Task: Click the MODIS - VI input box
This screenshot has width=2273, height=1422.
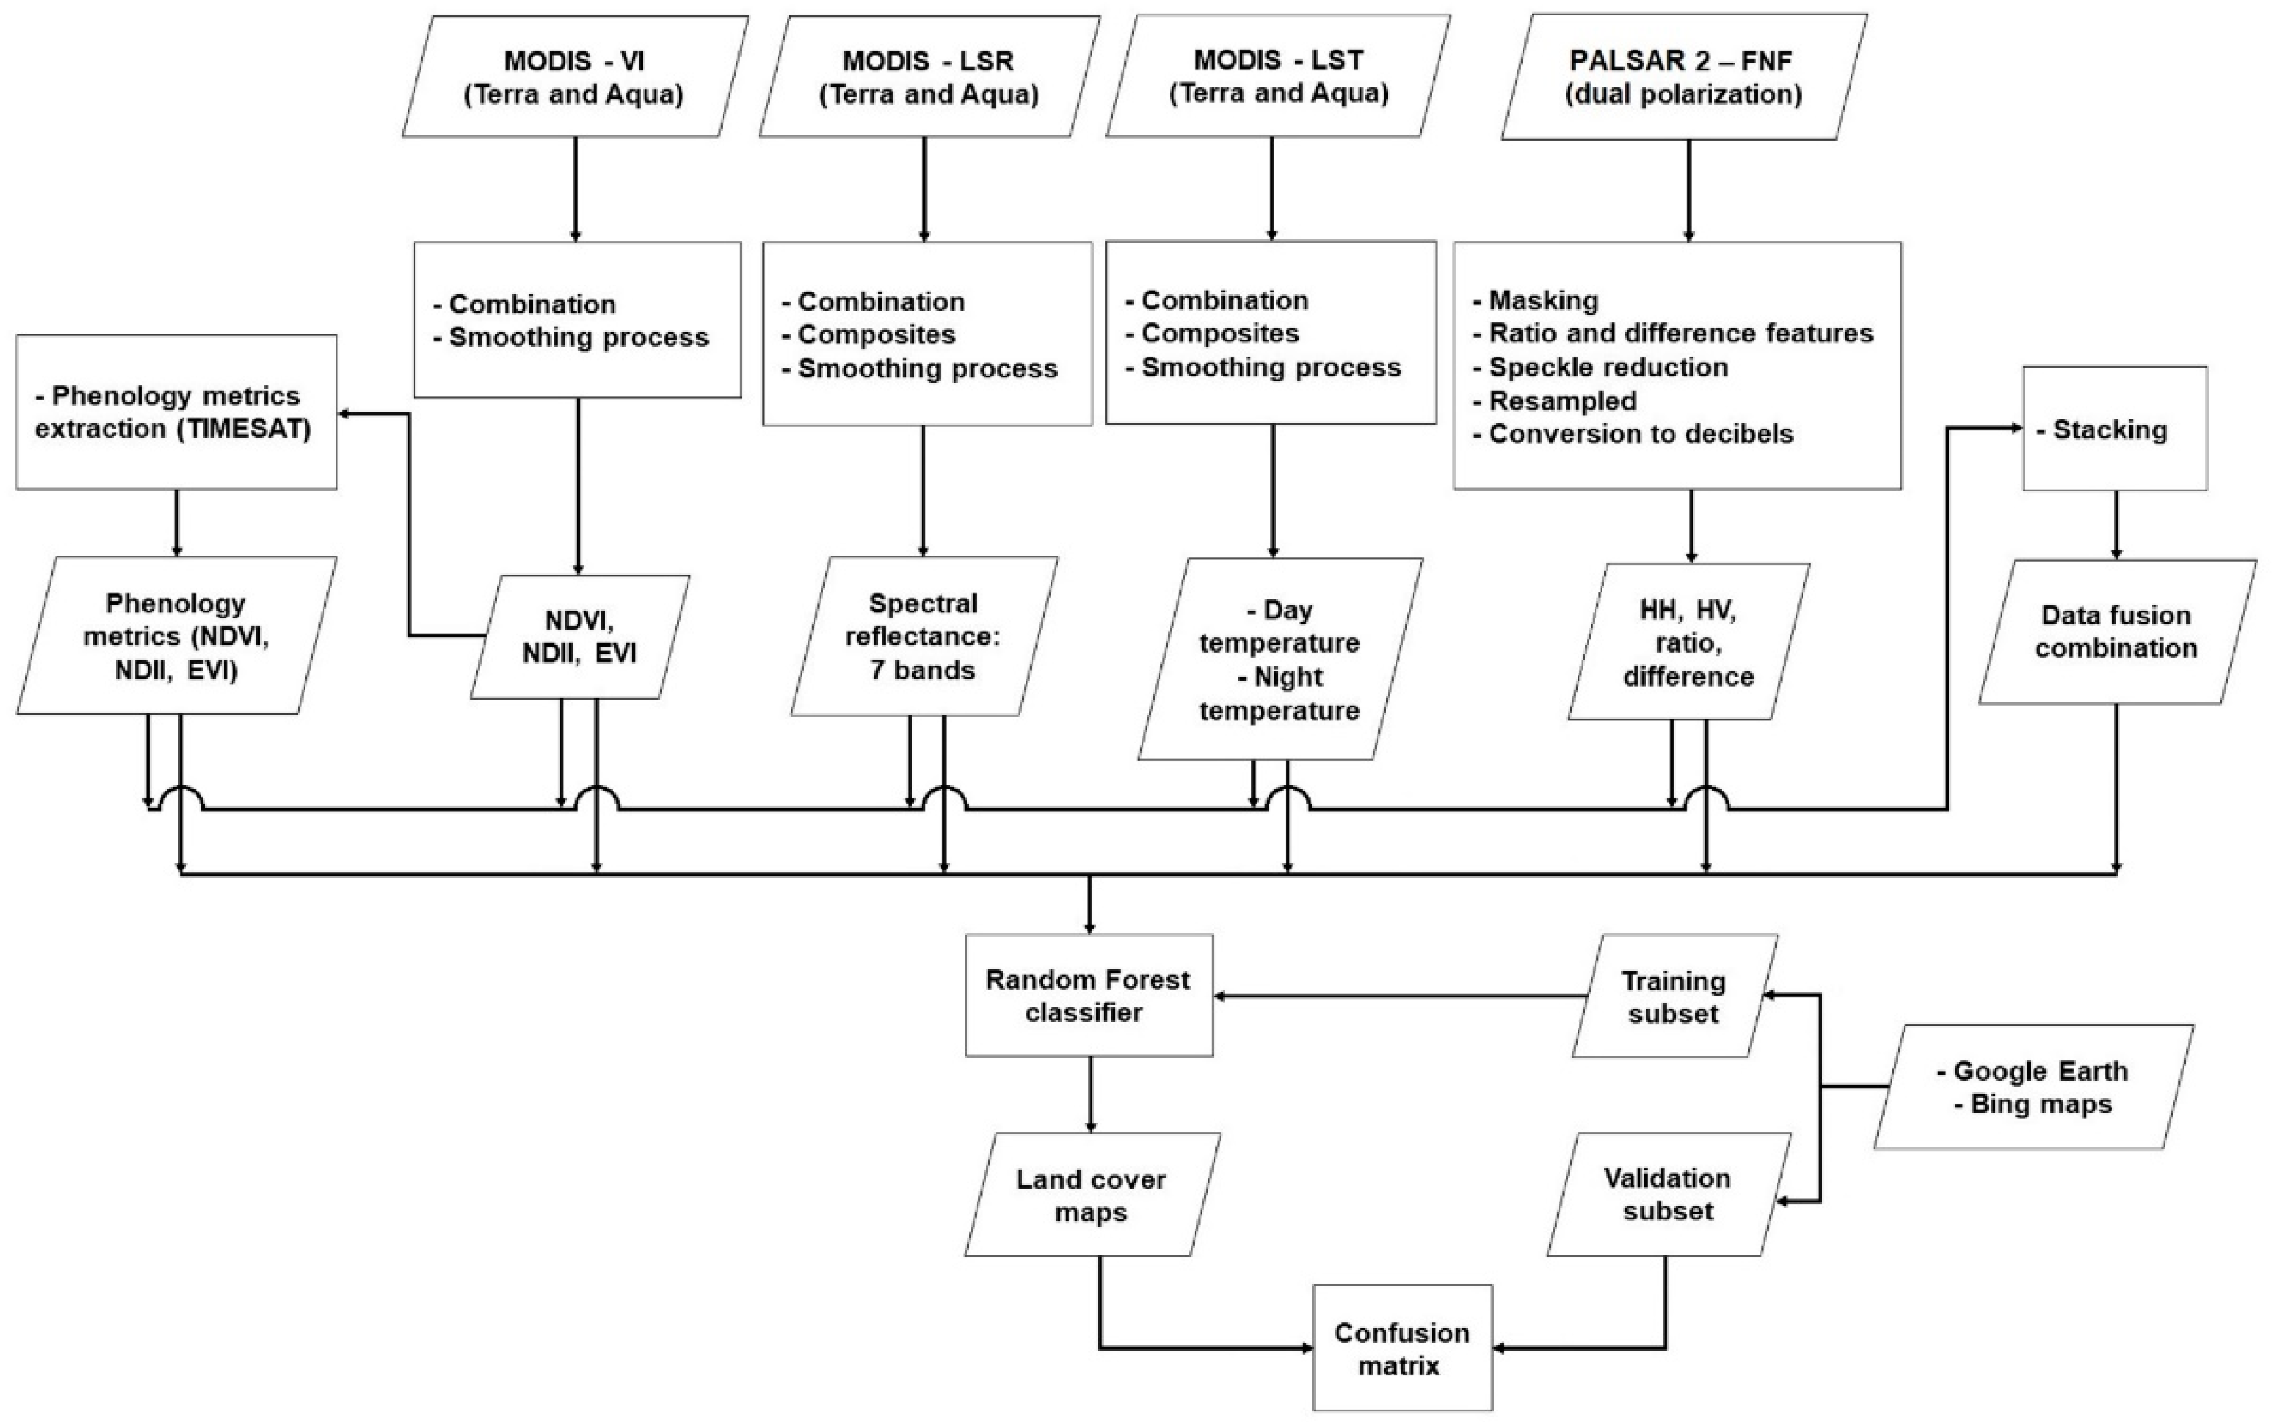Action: [575, 77]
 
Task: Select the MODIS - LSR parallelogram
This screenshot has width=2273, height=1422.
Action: [929, 77]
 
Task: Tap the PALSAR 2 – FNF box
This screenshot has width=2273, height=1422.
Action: [1682, 77]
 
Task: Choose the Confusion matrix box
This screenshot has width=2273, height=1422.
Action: [1402, 1348]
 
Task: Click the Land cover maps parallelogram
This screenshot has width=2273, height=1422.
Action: [1091, 1195]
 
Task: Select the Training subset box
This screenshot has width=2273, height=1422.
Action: [1674, 997]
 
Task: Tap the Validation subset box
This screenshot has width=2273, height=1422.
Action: [1668, 1195]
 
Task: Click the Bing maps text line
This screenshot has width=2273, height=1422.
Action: [2040, 1104]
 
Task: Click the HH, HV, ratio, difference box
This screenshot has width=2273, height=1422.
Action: [1688, 643]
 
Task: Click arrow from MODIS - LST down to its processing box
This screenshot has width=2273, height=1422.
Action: [1272, 188]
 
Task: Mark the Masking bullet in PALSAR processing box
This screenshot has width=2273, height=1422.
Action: [1543, 301]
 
